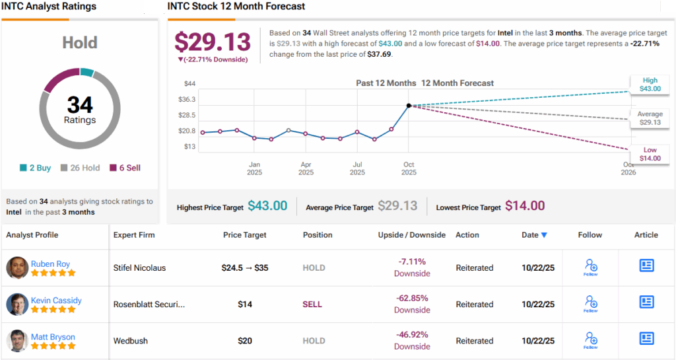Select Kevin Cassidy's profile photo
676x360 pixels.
(17, 305)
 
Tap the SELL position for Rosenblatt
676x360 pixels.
(312, 305)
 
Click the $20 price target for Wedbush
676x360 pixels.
(244, 341)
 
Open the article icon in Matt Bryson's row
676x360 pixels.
(646, 338)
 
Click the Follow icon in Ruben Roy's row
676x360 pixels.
(591, 267)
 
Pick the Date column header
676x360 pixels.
(533, 234)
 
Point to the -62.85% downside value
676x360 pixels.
(412, 298)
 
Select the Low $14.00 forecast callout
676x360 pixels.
(650, 154)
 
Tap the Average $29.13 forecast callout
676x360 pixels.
(650, 118)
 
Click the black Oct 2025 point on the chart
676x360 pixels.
(409, 106)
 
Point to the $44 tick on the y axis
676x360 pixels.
(189, 84)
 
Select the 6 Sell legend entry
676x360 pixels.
(125, 168)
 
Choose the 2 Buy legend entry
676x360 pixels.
(36, 168)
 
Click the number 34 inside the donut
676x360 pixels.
(80, 104)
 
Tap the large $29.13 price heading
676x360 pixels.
(211, 42)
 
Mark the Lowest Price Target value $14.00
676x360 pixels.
(525, 206)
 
